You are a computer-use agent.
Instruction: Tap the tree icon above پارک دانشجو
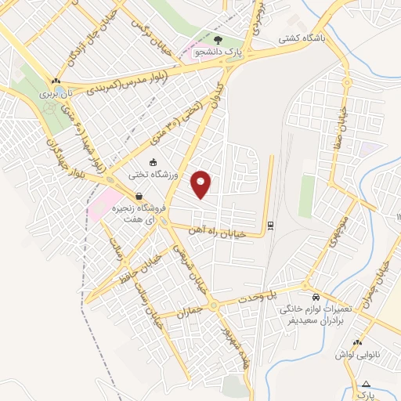click(x=218, y=38)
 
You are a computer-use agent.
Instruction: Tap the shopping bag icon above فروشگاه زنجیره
click(x=139, y=197)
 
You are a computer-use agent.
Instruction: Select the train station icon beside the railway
click(x=270, y=226)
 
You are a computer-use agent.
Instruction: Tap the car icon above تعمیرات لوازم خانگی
click(x=315, y=298)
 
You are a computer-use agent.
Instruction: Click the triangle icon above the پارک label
click(x=367, y=384)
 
